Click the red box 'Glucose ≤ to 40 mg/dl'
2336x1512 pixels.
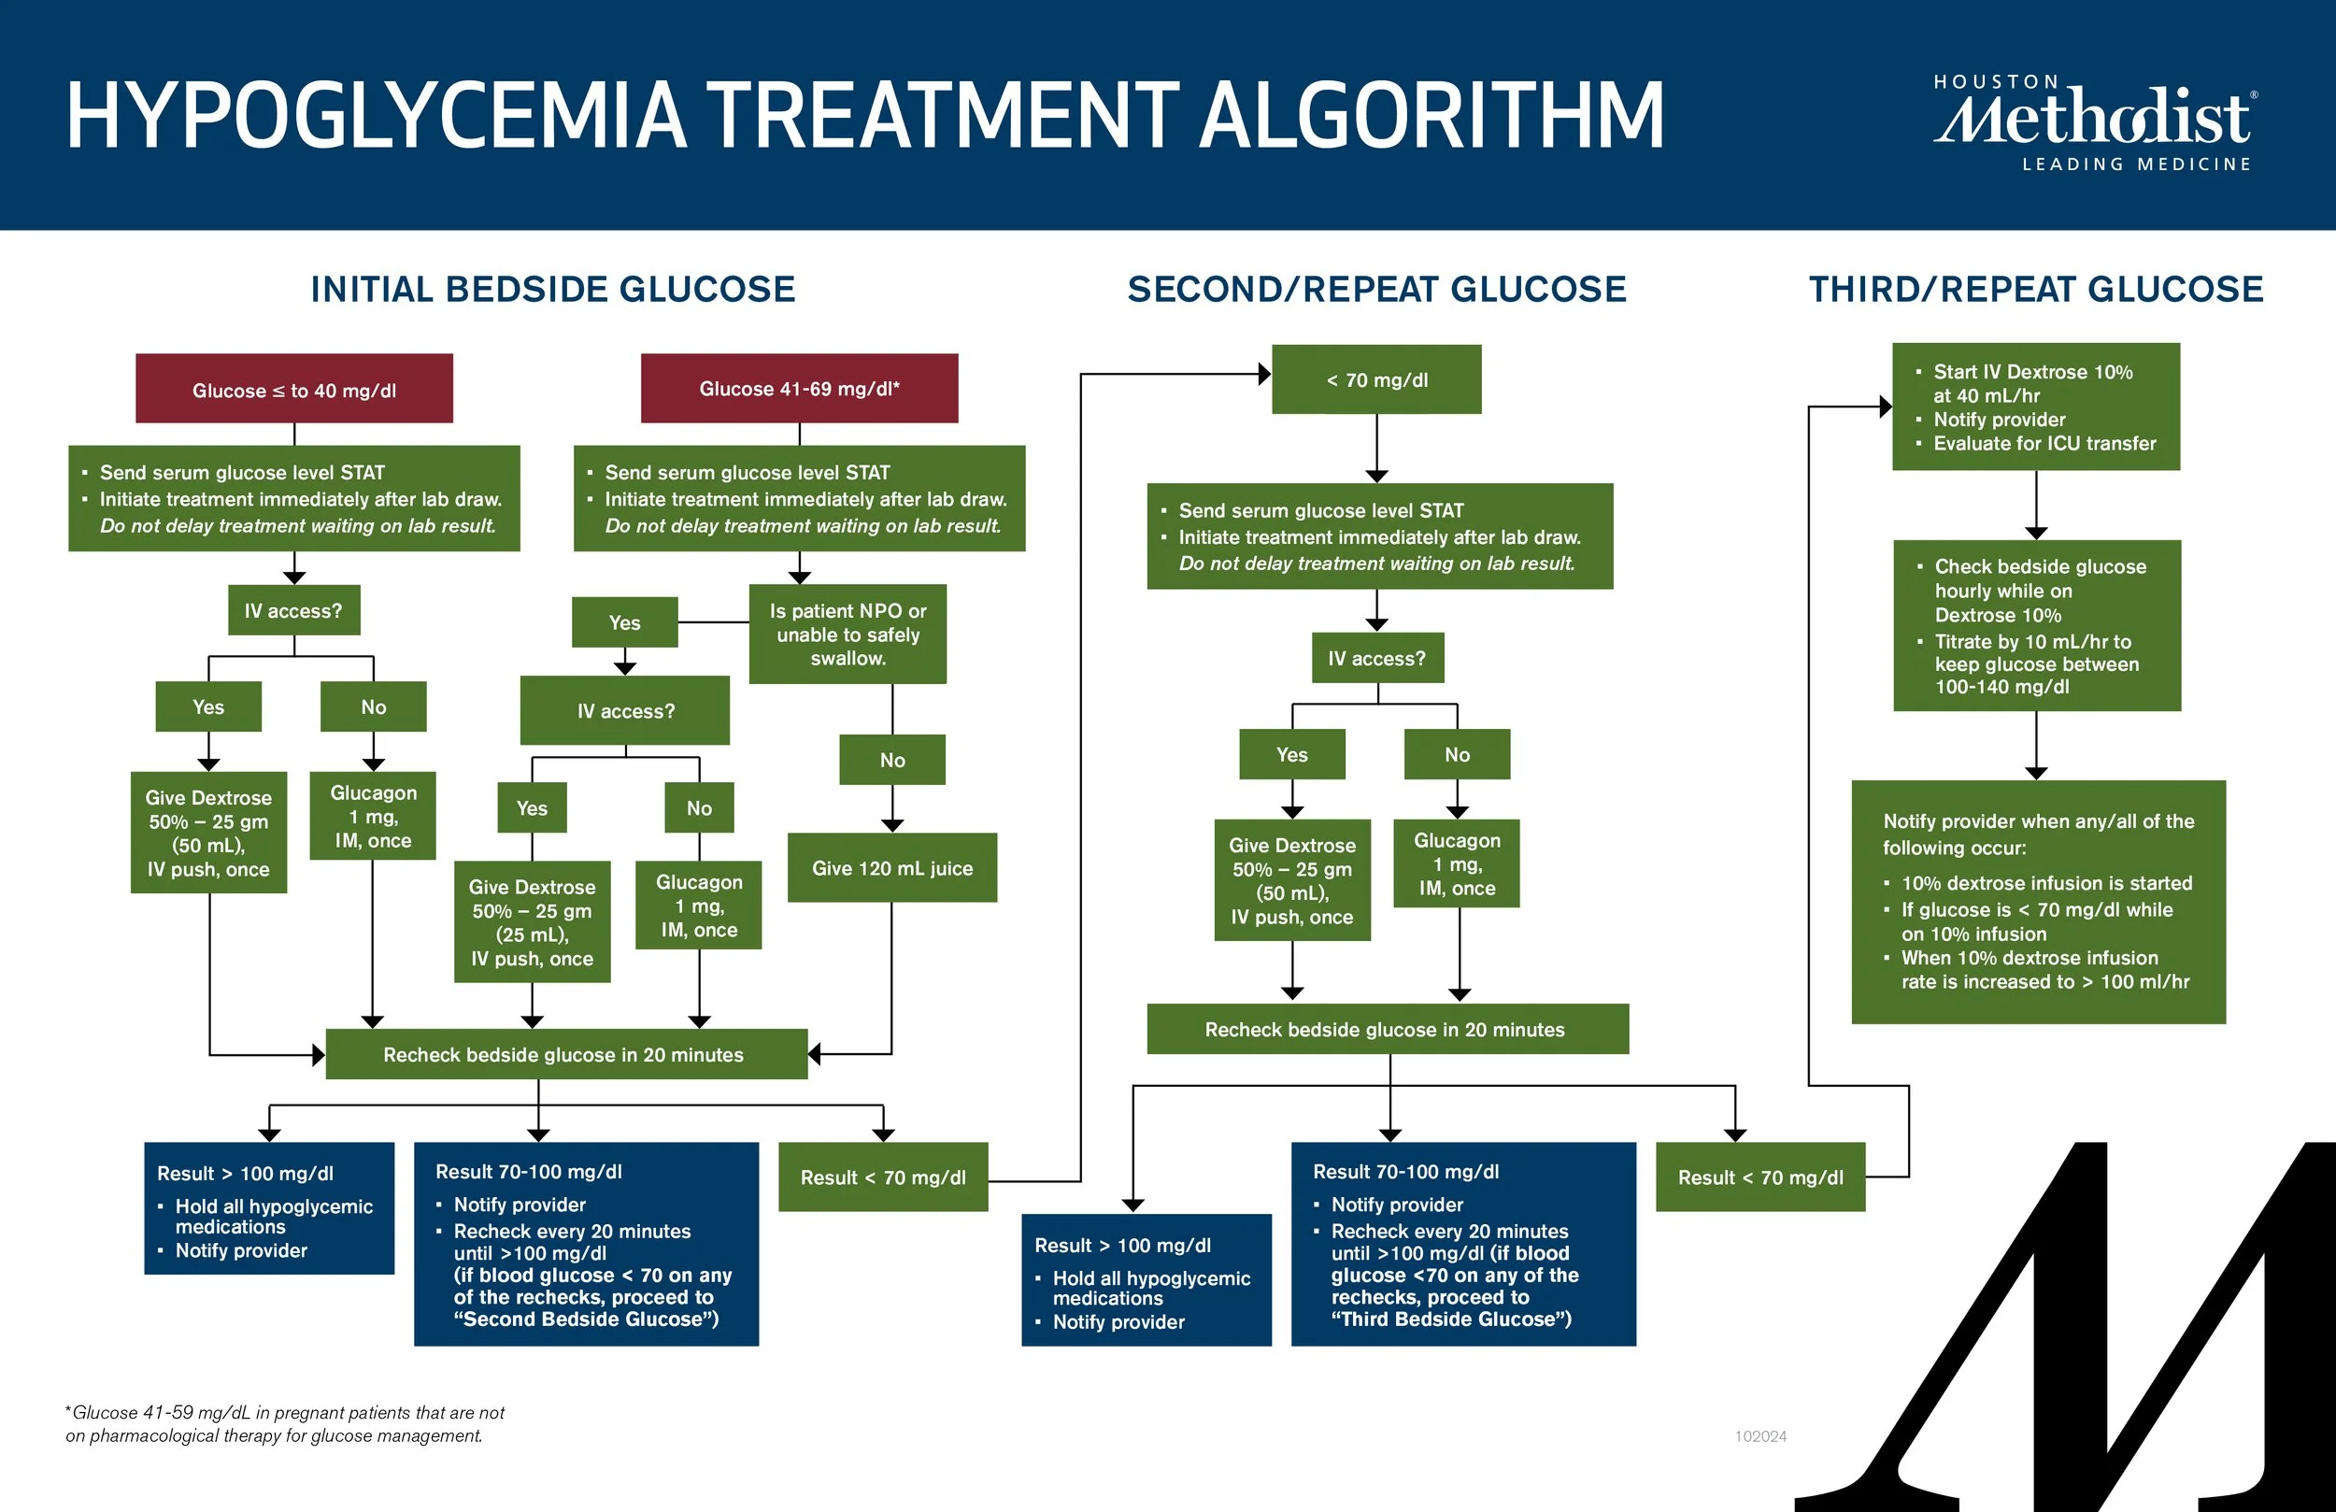pos(293,389)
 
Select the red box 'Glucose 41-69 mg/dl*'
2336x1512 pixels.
pos(799,388)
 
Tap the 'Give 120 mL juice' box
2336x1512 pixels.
pos(891,868)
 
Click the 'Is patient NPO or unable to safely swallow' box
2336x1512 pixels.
pos(848,635)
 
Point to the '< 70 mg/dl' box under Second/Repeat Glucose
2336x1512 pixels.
pos(1376,379)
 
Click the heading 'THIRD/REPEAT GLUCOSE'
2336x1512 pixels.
pos(2036,290)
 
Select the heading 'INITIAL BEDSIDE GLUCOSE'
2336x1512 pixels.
pos(552,290)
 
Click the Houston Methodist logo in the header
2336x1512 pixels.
pos(2095,122)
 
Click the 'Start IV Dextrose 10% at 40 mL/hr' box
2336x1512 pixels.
pos(2036,407)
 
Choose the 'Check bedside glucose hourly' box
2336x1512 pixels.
pos(2037,625)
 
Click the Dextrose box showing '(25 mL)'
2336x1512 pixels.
pos(532,922)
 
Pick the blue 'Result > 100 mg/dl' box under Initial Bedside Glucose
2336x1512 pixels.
pos(269,1207)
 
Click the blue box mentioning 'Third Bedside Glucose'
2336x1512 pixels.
pos(1462,1243)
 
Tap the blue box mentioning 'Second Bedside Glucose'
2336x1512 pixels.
pos(586,1243)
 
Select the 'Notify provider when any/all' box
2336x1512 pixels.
pos(2038,901)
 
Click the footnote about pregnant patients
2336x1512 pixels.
pos(285,1423)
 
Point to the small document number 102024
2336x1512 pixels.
pos(1759,1436)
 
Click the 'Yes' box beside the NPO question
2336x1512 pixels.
pos(624,622)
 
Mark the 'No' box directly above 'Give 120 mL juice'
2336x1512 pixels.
pos(891,760)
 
